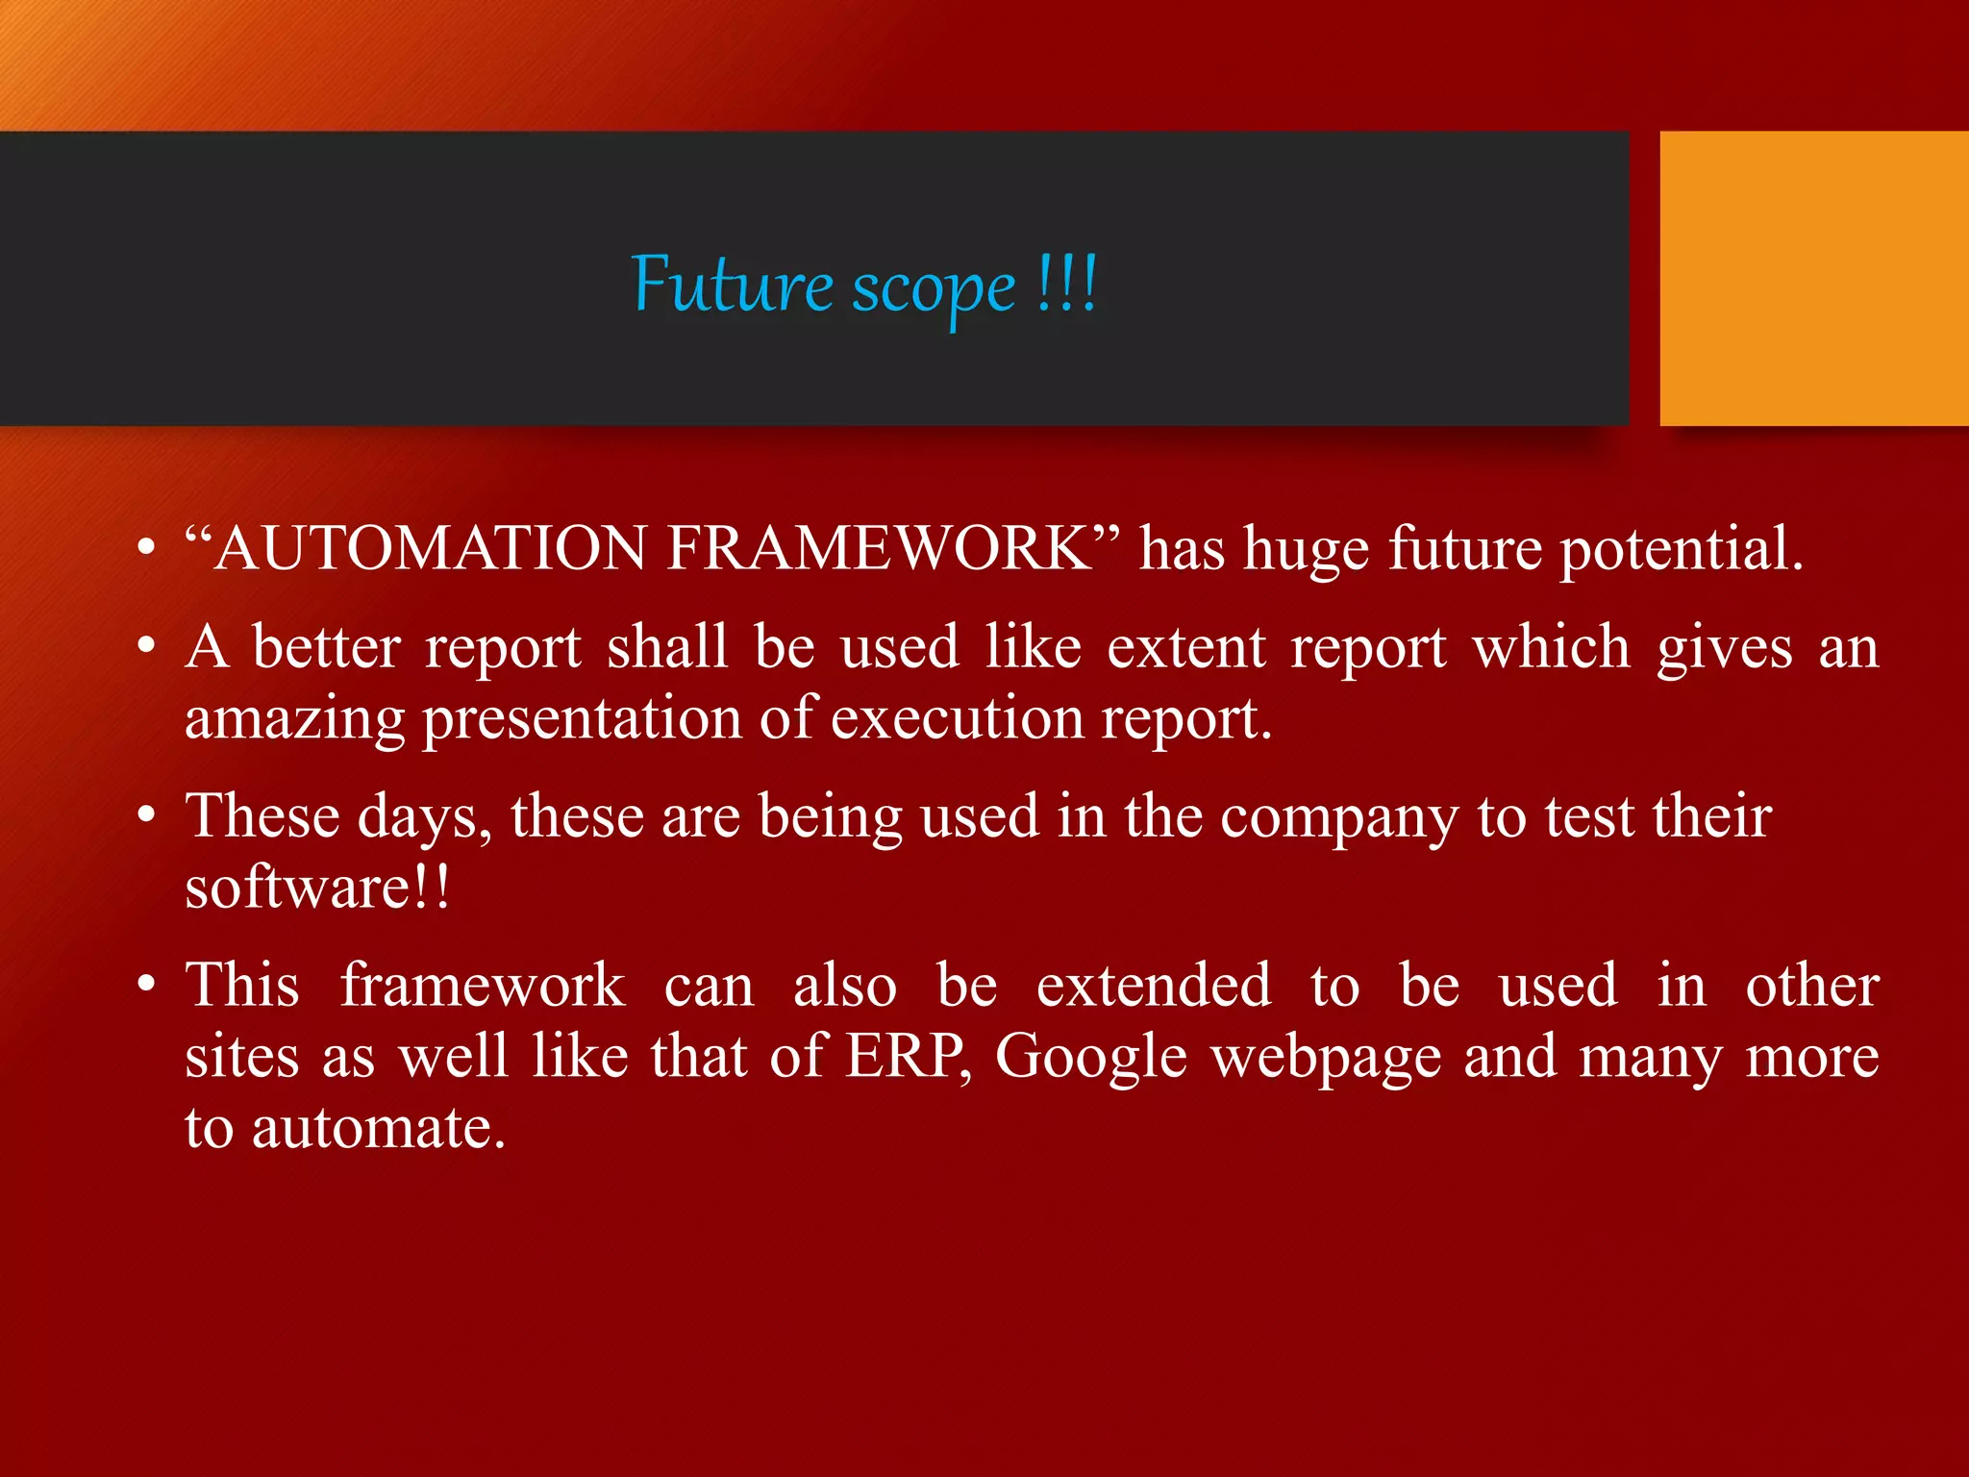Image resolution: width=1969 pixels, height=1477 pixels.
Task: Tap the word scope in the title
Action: tap(934, 288)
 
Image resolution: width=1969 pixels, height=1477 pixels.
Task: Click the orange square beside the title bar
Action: tap(1813, 278)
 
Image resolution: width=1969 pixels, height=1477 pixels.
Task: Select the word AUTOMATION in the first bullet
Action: tap(430, 548)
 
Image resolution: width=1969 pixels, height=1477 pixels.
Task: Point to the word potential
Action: tap(1681, 550)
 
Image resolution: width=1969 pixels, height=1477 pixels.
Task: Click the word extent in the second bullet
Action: tap(1186, 646)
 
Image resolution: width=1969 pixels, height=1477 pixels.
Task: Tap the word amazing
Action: tap(294, 719)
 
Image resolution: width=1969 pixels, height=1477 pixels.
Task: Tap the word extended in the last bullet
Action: tap(1154, 985)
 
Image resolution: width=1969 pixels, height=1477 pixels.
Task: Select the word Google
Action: tap(1091, 1058)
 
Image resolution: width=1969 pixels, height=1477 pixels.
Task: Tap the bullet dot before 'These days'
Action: tap(146, 815)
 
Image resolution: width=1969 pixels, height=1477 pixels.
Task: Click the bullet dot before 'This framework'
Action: tap(146, 985)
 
